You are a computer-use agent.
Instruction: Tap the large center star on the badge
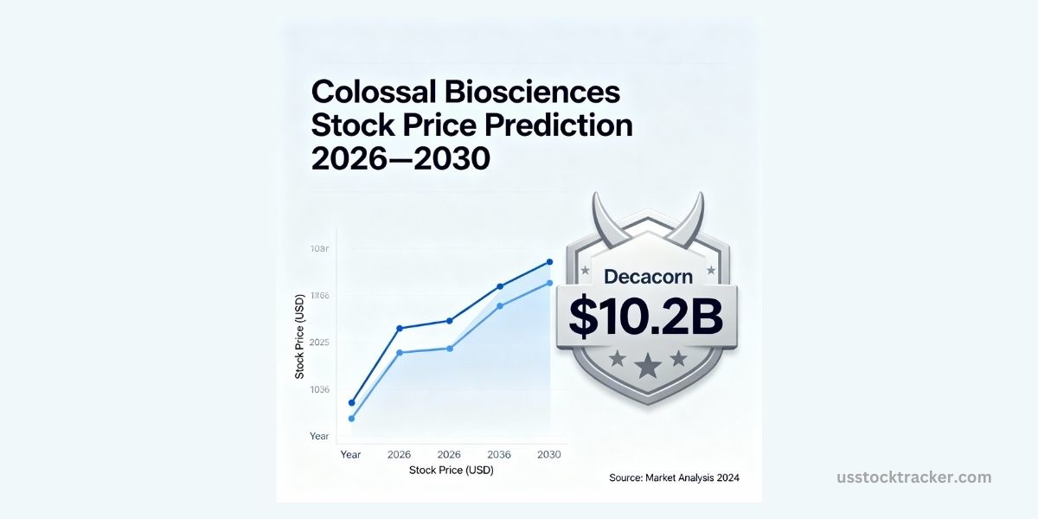(x=647, y=367)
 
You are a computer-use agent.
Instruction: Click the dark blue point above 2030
(x=549, y=261)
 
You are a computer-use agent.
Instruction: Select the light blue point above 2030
(x=549, y=283)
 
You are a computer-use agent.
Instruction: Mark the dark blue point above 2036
(x=499, y=286)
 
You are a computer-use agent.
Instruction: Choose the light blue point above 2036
(x=499, y=305)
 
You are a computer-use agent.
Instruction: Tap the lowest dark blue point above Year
(x=351, y=402)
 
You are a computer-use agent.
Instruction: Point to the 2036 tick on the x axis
(x=499, y=454)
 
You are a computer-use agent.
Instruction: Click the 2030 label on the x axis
(x=549, y=454)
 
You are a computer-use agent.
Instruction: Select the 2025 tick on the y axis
(x=319, y=343)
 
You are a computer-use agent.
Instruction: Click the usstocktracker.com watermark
(x=914, y=477)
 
